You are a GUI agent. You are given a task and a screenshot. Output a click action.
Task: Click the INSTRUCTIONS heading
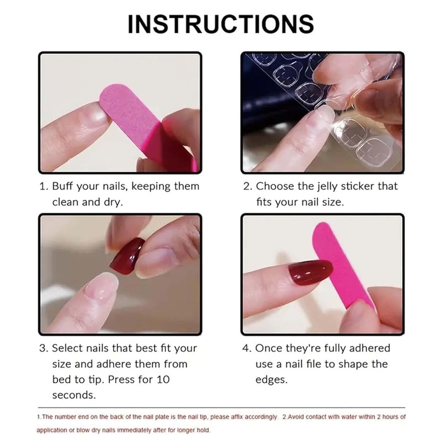point(221,24)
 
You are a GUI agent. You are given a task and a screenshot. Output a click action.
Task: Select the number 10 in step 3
point(163,380)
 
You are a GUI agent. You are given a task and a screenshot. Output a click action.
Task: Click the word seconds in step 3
point(74,395)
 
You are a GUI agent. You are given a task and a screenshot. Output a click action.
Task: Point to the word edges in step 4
point(271,380)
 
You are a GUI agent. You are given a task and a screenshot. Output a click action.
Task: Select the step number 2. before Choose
point(248,187)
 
